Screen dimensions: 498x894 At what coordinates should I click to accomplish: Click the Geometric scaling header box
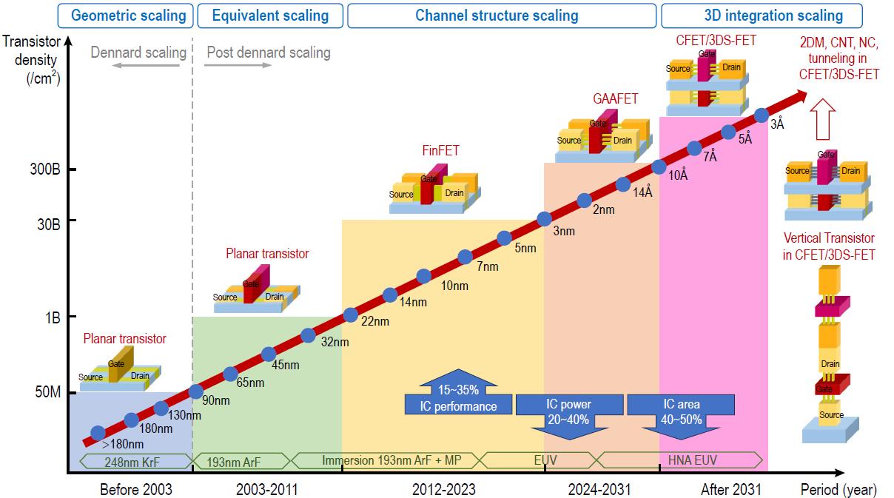[x=128, y=15]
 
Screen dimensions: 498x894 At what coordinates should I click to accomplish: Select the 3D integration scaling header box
[x=762, y=15]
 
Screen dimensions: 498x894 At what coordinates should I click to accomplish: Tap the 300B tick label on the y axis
[x=45, y=170]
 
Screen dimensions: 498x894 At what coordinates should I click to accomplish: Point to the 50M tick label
[x=47, y=391]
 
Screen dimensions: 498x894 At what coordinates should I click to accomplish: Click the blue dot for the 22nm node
[x=351, y=315]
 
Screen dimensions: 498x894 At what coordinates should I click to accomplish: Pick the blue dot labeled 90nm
[x=196, y=391]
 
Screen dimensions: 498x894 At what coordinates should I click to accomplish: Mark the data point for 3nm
[x=544, y=218]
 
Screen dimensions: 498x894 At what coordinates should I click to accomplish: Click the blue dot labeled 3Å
[x=761, y=115]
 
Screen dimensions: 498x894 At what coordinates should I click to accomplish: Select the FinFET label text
[x=440, y=151]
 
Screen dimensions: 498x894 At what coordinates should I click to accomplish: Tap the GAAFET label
[x=615, y=98]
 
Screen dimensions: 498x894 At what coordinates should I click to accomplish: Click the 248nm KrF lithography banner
[x=131, y=461]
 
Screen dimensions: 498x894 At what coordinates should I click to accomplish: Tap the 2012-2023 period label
[x=444, y=489]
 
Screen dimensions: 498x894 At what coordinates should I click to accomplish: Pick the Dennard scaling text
[x=138, y=53]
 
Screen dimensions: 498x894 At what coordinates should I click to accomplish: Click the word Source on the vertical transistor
[x=831, y=414]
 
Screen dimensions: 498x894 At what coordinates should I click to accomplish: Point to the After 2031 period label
[x=730, y=489]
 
